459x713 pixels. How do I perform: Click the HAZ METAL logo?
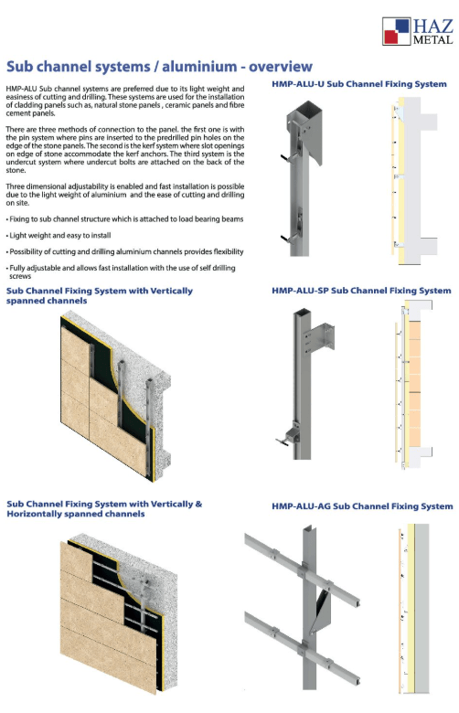(417, 31)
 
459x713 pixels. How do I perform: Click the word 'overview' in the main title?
(280, 67)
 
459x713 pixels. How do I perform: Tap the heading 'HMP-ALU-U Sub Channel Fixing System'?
(359, 84)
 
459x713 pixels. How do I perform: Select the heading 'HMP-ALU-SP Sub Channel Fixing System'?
(361, 291)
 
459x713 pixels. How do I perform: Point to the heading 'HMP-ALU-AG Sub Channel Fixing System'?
(362, 506)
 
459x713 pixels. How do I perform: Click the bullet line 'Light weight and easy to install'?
(59, 236)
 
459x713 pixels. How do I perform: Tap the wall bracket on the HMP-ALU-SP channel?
(320, 337)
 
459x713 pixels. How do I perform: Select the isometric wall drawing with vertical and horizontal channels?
(118, 612)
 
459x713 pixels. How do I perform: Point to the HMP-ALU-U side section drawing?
(413, 180)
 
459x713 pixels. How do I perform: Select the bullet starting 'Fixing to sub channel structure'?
(124, 219)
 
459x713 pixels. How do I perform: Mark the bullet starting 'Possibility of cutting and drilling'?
(124, 252)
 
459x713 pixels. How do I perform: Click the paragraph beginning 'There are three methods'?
(125, 150)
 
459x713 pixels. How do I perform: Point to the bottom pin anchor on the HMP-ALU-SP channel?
(287, 436)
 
